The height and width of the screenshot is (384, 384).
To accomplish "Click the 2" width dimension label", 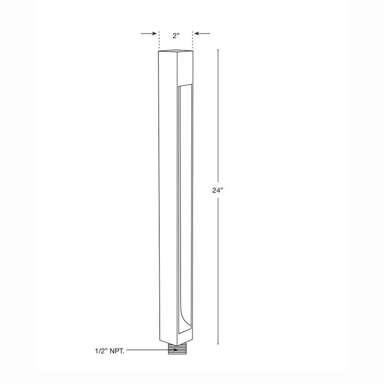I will point(176,35).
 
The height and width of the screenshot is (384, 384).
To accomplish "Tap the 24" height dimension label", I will point(218,190).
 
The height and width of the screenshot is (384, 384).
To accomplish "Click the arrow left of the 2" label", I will point(149,34).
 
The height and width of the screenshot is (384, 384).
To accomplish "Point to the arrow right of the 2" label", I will point(202,34).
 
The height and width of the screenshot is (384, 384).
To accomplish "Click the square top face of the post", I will point(175,50).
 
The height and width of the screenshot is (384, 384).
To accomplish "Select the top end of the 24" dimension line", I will point(218,50).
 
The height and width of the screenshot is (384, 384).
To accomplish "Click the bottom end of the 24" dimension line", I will point(218,344).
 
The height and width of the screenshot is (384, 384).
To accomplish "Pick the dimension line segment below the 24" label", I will point(218,269).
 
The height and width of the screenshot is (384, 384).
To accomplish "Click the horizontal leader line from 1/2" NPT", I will point(144,351).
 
